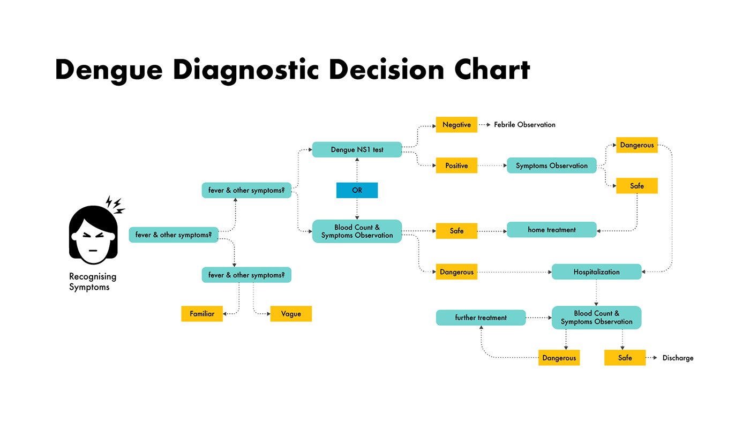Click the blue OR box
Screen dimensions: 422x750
(x=357, y=190)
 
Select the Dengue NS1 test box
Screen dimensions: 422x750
(x=357, y=149)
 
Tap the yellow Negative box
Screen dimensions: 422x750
(x=456, y=125)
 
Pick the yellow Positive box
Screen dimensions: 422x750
(x=456, y=165)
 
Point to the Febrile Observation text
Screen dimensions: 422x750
(x=524, y=125)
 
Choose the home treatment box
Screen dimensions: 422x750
(x=551, y=230)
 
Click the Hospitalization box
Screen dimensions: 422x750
(x=596, y=272)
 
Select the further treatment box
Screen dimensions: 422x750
(x=481, y=318)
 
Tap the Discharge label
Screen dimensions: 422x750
(x=678, y=358)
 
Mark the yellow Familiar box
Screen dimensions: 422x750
(x=202, y=314)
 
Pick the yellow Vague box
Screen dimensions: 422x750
(x=291, y=314)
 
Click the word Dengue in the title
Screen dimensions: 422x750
(x=108, y=70)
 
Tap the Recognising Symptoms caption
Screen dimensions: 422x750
(x=93, y=282)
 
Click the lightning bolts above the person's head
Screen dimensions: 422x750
(x=115, y=204)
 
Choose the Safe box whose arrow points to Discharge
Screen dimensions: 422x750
(x=625, y=358)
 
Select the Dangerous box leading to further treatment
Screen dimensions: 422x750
(x=559, y=358)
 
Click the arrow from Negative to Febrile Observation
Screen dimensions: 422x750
(x=484, y=125)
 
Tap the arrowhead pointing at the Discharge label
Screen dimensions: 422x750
(x=655, y=358)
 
